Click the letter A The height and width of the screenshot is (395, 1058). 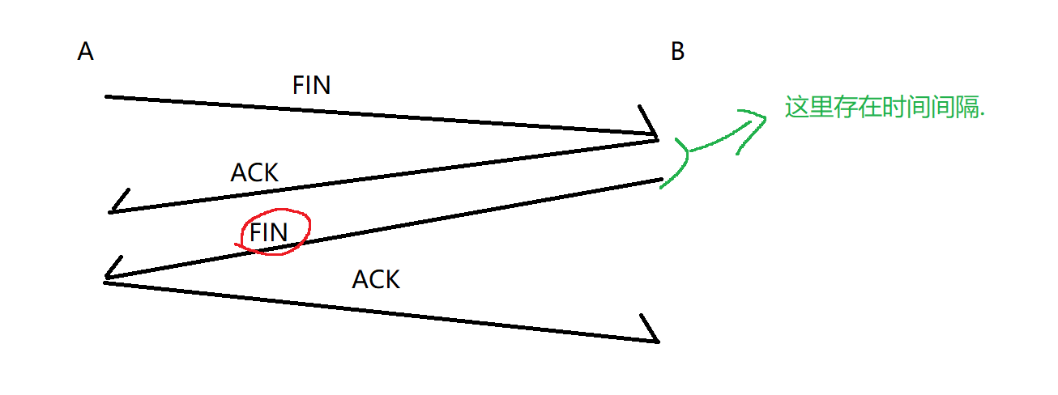[86, 52]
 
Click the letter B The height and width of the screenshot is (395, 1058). [678, 52]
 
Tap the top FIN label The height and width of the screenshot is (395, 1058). [311, 86]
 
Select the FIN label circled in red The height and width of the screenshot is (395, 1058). [269, 232]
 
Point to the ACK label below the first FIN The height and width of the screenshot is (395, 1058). [254, 172]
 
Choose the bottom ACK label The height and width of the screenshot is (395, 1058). [376, 280]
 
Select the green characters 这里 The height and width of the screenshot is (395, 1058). [808, 108]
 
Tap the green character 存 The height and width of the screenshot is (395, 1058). [844, 108]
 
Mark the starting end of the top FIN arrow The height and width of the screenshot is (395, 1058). [107, 96]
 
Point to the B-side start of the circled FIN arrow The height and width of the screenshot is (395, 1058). [661, 180]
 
